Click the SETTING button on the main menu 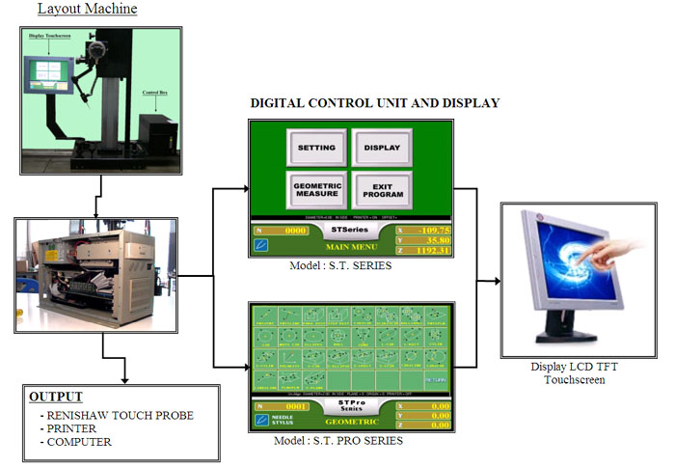[x=316, y=148]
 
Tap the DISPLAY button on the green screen [x=381, y=148]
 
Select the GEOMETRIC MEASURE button [x=316, y=188]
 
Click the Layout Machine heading [x=87, y=10]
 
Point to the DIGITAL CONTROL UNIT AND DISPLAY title [x=375, y=102]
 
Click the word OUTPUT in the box [x=56, y=397]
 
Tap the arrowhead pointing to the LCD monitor [x=496, y=282]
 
